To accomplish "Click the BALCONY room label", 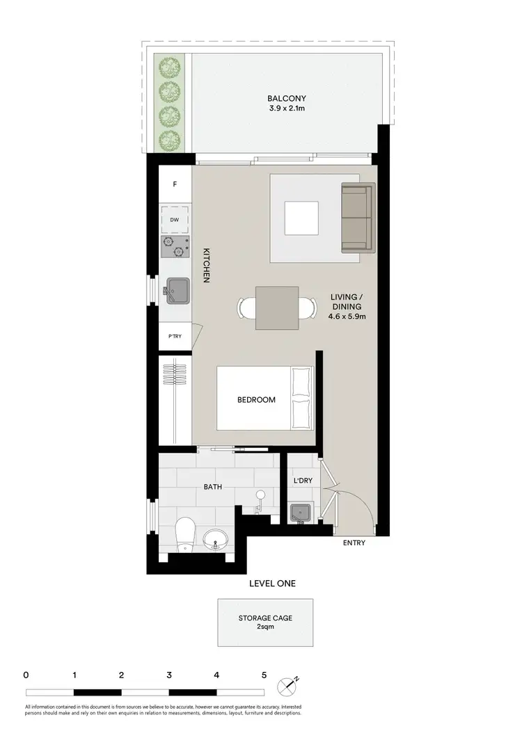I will (286, 99).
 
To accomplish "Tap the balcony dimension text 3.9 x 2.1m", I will (286, 109).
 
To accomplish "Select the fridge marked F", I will (175, 184).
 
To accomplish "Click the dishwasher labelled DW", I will (175, 220).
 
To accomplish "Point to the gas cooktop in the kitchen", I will (175, 246).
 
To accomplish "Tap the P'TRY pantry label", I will (175, 337).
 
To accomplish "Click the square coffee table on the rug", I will (302, 218).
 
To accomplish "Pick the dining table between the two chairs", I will (277, 307).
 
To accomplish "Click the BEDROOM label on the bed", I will (256, 400).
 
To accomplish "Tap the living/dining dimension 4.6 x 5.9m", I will (347, 317).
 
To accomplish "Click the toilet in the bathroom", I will (186, 534).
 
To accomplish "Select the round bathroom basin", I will (214, 538).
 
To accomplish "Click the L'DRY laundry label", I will (302, 479).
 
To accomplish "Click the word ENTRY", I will (354, 543).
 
